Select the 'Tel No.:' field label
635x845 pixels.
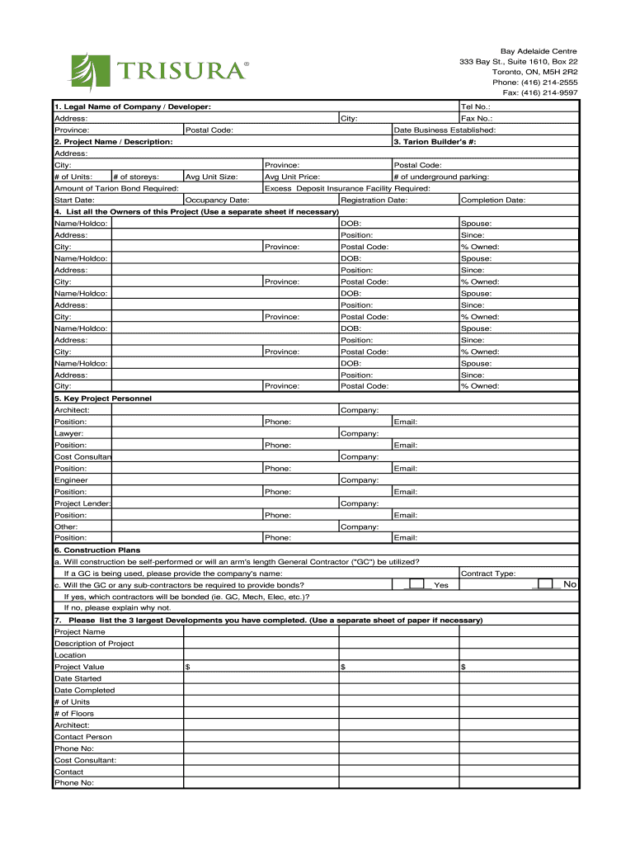coord(476,106)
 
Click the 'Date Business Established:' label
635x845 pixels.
coord(444,130)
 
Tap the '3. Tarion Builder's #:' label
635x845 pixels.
coord(435,142)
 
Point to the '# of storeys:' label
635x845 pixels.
coord(136,177)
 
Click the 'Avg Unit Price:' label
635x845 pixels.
coord(292,177)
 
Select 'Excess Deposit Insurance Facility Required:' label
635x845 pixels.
coord(347,188)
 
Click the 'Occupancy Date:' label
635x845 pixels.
coord(218,200)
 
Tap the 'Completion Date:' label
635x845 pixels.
coord(492,200)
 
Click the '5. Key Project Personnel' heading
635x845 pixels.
coord(103,399)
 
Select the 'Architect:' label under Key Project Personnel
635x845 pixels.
coord(72,410)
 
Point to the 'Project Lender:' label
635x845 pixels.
coord(82,503)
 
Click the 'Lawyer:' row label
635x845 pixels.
coord(68,433)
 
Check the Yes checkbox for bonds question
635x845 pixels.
coord(417,584)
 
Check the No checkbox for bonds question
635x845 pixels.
coord(545,584)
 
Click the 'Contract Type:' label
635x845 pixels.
coord(488,573)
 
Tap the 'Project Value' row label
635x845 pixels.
coord(79,667)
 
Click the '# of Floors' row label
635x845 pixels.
coord(74,714)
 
